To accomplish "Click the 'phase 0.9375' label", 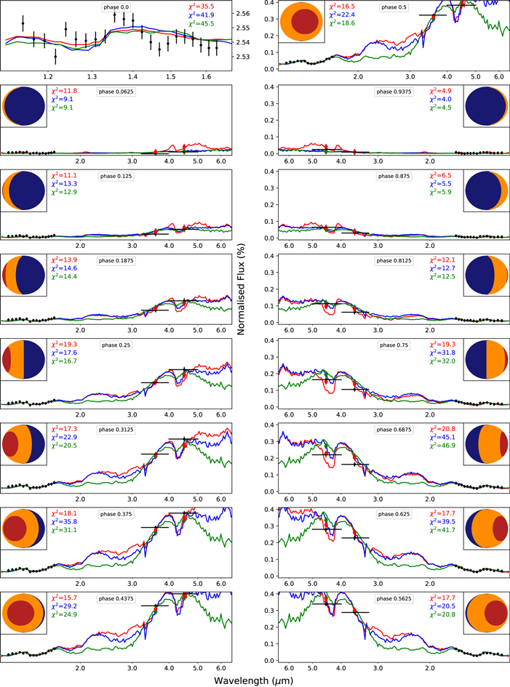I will pyautogui.click(x=393, y=92).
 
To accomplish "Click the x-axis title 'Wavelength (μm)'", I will pyautogui.click(x=255, y=678).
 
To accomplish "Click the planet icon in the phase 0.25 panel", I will pyautogui.click(x=24, y=360).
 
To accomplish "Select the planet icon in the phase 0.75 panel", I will pyautogui.click(x=485, y=360).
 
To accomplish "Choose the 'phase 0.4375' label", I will pyautogui.click(x=116, y=600).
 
